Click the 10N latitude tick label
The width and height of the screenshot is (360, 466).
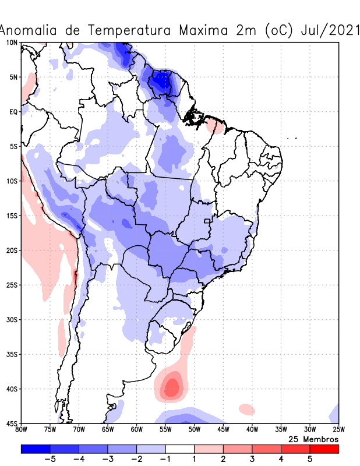(12, 43)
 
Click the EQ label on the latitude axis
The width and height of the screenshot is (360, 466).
(13, 111)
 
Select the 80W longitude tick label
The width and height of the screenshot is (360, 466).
(22, 430)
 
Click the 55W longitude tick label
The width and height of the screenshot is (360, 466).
(165, 430)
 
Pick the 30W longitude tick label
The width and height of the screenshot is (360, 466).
(309, 430)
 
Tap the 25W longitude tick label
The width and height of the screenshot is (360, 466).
(338, 430)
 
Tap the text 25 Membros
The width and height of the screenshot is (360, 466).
(313, 439)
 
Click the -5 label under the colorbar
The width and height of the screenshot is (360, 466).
(50, 459)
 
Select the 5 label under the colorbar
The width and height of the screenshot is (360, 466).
(310, 459)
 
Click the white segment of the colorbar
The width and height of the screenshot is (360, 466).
(179, 449)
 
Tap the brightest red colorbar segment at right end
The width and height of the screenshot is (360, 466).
(324, 449)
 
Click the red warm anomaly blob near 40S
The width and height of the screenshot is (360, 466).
(172, 386)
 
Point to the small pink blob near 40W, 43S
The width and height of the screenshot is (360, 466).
(246, 409)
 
